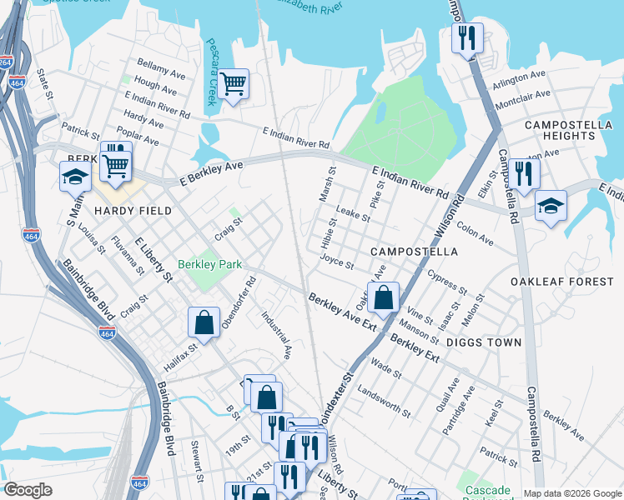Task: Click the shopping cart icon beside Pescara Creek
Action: pyautogui.click(x=234, y=82)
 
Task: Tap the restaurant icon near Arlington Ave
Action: pyautogui.click(x=467, y=37)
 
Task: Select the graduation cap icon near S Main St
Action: pyautogui.click(x=75, y=176)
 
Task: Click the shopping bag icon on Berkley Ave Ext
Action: pyautogui.click(x=383, y=297)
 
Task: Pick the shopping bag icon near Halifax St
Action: pyautogui.click(x=204, y=322)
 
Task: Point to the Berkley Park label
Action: pyautogui.click(x=209, y=264)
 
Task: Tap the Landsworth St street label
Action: pyautogui.click(x=383, y=401)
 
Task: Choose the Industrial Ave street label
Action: pyautogui.click(x=276, y=335)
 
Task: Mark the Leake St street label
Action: pyautogui.click(x=352, y=216)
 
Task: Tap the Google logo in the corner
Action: pyautogui.click(x=28, y=490)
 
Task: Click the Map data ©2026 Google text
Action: pyautogui.click(x=571, y=493)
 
